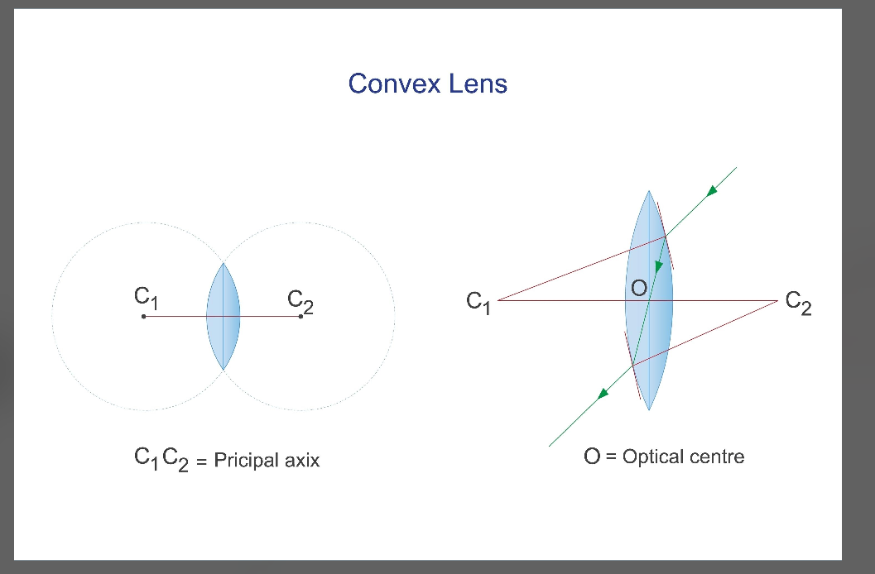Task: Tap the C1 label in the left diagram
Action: point(147,298)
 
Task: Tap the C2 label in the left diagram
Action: point(300,302)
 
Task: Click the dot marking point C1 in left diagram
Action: point(143,317)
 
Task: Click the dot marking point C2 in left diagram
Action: point(300,317)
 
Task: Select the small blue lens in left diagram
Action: point(224,316)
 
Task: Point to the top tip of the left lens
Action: point(224,263)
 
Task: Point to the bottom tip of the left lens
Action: point(224,370)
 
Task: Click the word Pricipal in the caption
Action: point(246,461)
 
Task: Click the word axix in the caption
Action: point(302,461)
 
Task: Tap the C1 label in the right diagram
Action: point(478,303)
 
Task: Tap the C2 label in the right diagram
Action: point(799,303)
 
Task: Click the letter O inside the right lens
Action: point(639,288)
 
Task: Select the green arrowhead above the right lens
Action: point(711,192)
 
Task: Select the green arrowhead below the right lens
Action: point(603,395)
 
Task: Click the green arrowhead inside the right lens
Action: point(658,267)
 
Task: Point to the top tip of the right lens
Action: point(648,191)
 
